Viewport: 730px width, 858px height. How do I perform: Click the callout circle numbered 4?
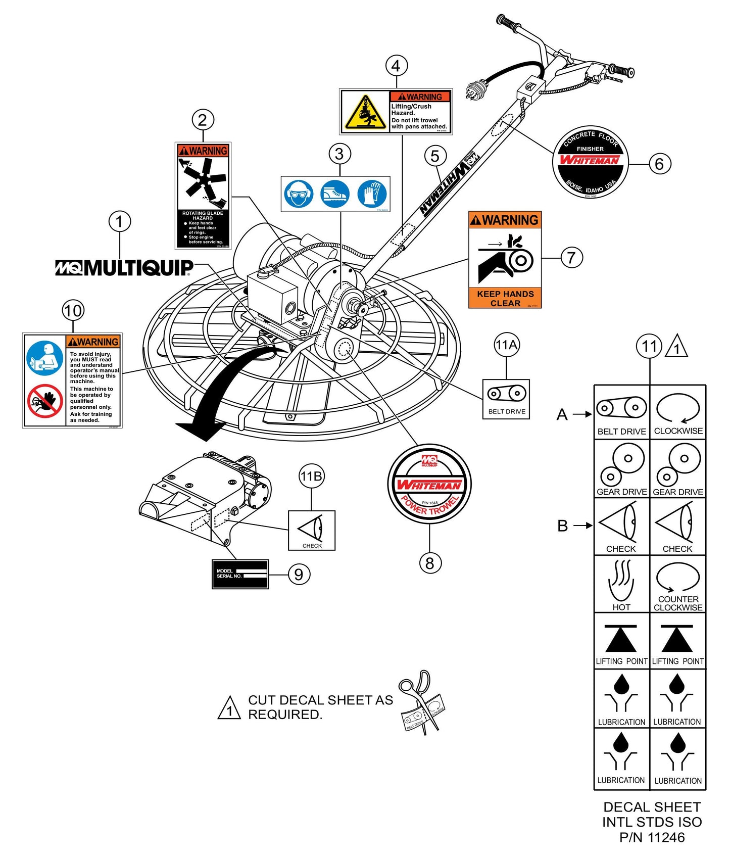396,66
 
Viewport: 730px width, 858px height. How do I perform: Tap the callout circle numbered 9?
299,575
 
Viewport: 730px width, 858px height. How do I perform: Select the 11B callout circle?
311,476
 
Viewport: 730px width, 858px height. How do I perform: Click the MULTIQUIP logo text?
124,268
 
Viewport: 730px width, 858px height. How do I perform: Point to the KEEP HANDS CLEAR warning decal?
505,260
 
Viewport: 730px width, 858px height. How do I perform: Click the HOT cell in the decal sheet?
621,585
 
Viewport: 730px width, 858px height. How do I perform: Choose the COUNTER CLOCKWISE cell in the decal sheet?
677,585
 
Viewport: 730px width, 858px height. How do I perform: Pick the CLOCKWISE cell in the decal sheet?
677,412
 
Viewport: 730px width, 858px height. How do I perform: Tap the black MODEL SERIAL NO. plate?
240,574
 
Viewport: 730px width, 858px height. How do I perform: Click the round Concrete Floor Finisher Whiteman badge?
590,162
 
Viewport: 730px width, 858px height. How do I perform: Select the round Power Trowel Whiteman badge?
429,486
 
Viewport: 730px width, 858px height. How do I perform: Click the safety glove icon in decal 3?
372,194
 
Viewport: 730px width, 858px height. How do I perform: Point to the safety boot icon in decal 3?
335,194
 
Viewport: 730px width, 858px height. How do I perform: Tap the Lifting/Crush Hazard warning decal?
396,112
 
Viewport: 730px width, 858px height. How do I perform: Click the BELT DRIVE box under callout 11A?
506,399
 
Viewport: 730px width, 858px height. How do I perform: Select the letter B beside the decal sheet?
563,526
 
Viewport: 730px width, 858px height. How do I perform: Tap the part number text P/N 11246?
652,837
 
